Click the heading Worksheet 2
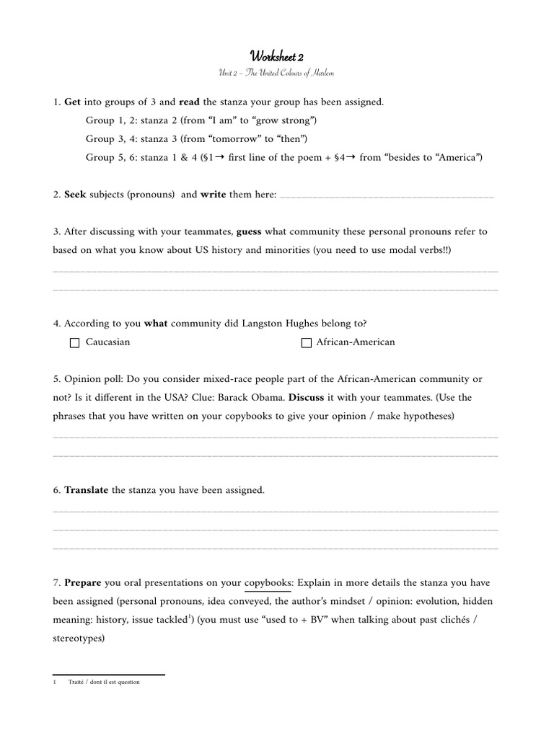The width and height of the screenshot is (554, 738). [x=276, y=56]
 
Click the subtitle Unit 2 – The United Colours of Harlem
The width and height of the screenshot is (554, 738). [x=276, y=74]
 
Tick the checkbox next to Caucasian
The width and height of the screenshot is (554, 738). [x=74, y=343]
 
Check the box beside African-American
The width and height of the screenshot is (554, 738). [x=306, y=343]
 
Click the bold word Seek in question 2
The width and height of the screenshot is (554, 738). [x=76, y=195]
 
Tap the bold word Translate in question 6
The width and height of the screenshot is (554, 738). [x=87, y=491]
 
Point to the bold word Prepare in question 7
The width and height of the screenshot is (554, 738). [x=83, y=582]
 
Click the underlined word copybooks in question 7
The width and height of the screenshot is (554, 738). [x=268, y=582]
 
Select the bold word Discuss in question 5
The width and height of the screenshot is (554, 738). [x=409, y=398]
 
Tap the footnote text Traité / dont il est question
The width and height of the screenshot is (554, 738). [x=104, y=682]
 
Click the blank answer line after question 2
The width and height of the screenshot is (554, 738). [x=386, y=195]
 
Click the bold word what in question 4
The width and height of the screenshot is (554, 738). [x=156, y=324]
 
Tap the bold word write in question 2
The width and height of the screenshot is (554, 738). [x=214, y=195]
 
